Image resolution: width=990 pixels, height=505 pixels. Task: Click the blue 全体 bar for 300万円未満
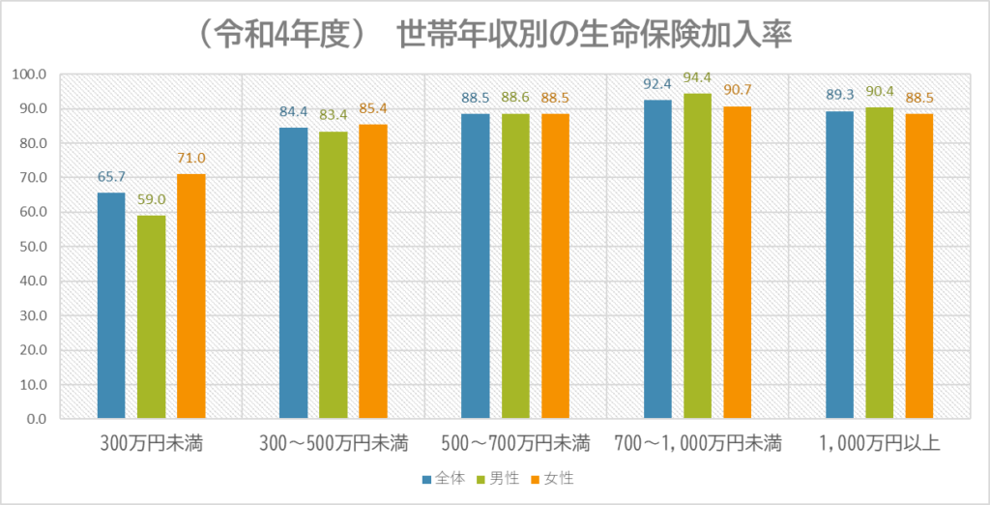111,306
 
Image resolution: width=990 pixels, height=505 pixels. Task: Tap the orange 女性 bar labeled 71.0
190,296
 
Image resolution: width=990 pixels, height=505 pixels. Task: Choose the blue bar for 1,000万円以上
839,265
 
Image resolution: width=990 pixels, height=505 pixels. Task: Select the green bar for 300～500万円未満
333,275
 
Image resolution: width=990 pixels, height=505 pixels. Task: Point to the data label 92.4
657,84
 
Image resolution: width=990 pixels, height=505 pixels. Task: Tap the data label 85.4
373,108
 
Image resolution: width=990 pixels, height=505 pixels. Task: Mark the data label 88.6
514,98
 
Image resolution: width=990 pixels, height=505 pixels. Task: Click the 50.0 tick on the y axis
34,247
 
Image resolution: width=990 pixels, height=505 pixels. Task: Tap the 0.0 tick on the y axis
37,419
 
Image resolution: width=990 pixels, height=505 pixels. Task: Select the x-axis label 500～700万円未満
515,445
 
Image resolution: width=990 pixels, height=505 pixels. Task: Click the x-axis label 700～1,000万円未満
697,445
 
